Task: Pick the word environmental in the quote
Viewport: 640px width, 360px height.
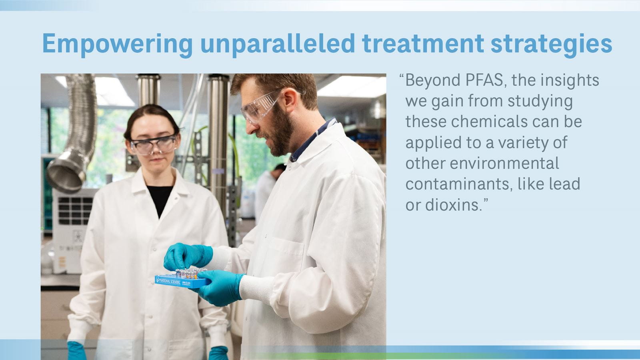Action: [504, 163]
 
